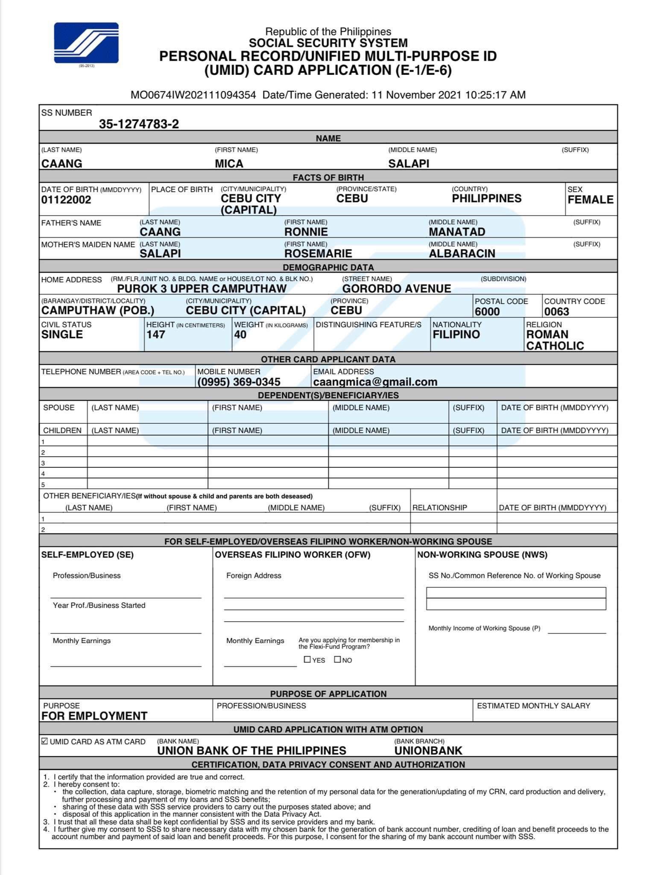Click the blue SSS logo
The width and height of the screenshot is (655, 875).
[86, 43]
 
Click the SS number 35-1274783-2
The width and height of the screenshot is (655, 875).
[139, 124]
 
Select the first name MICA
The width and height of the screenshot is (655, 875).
[229, 164]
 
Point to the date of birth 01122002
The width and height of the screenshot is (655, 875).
[66, 200]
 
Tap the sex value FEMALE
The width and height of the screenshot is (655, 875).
[590, 200]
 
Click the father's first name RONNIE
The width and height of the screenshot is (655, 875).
[306, 232]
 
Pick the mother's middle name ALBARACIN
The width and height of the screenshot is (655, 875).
[462, 254]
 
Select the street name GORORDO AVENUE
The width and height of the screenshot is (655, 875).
[396, 289]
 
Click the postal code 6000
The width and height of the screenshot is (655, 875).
[487, 311]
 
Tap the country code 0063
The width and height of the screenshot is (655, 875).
[556, 311]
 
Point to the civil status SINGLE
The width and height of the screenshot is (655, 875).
[62, 335]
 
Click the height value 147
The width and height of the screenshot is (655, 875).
[155, 335]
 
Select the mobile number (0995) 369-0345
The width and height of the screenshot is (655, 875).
[239, 382]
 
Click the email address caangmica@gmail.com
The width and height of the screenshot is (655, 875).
[375, 382]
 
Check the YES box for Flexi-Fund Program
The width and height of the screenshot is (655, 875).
[307, 659]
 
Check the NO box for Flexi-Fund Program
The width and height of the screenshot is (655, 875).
[337, 659]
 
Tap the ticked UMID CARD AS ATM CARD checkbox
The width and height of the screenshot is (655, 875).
[44, 741]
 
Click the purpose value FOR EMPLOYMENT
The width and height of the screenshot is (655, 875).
[94, 716]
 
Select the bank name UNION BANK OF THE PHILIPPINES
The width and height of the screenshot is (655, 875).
[251, 751]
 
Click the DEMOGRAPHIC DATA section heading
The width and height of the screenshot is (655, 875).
[328, 267]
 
